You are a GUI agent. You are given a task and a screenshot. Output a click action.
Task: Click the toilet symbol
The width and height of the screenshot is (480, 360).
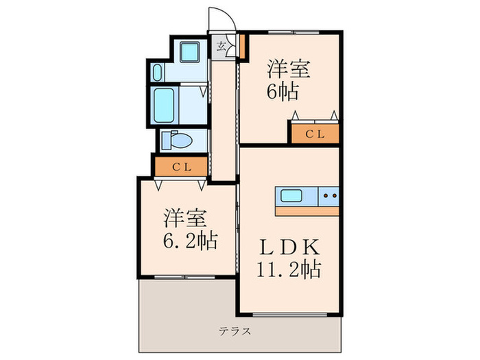[x=177, y=141]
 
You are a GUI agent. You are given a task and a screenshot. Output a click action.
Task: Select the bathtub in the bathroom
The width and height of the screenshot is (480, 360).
[x=166, y=104]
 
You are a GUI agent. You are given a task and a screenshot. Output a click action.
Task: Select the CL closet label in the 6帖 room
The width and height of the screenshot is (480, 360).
[x=315, y=134]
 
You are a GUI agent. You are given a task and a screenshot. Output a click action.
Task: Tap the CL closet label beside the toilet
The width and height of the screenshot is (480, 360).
[x=180, y=166]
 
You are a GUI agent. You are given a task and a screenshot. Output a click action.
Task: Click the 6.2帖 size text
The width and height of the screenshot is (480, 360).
[x=191, y=241]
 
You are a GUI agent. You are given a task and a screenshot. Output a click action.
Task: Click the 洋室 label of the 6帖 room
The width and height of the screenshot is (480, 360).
[x=289, y=69]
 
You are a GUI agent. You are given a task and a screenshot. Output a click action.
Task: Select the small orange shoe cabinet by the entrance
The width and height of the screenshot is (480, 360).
[x=242, y=46]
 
